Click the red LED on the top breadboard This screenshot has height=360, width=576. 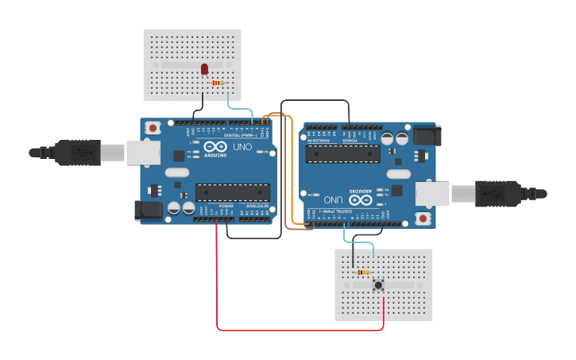tap(205, 70)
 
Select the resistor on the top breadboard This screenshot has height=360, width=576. tap(218, 83)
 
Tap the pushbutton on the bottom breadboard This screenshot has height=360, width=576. tap(378, 285)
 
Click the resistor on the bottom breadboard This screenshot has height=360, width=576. tap(363, 273)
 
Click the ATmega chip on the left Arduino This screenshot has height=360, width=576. tap(232, 192)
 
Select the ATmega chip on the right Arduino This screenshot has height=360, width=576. tap(342, 153)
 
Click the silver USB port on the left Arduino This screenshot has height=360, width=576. tap(143, 153)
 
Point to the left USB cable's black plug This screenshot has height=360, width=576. tap(78, 153)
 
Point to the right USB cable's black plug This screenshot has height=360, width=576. tap(498, 193)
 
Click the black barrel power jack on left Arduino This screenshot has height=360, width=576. tap(149, 210)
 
